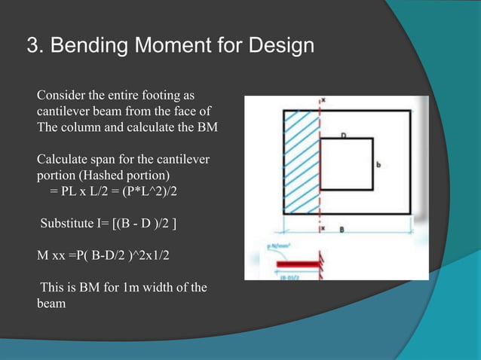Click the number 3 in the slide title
point(32,47)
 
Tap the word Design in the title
point(278,47)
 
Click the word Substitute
point(69,223)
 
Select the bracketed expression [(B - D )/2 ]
point(144,223)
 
